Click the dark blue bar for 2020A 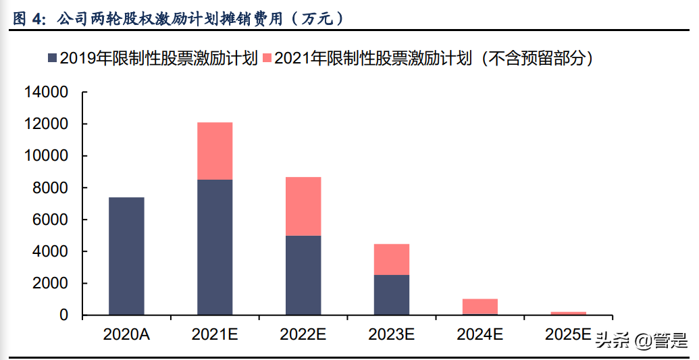coord(126,256)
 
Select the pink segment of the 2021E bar coord(215,151)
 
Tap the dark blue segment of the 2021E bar coord(215,247)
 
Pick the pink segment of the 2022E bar coord(303,206)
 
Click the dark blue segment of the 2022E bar coord(303,275)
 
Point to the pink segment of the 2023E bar coord(392,259)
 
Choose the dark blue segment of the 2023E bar coord(392,294)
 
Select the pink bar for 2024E coord(480,307)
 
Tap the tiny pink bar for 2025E coord(569,313)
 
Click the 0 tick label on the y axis coord(64,315)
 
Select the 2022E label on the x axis coord(303,334)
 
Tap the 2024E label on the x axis coord(480,334)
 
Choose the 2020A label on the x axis coord(126,334)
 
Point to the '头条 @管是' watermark coord(641,340)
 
